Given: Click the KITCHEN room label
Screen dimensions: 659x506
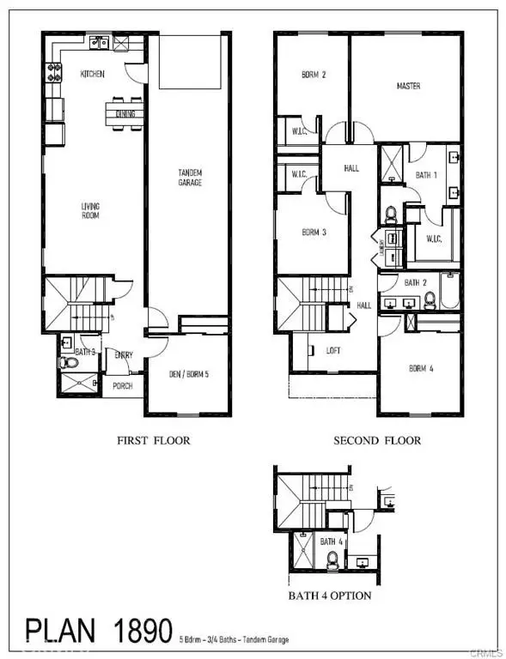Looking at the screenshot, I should coord(93,75).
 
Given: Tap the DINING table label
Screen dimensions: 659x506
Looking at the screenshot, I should coord(125,112).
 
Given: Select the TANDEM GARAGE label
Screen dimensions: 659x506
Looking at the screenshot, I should coord(190,178).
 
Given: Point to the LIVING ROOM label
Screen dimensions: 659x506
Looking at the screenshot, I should coord(91,211).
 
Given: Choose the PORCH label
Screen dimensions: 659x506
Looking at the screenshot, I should coord(124,386).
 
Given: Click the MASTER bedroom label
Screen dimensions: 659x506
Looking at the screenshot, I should coord(408,87).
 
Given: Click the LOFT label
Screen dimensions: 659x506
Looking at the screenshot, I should coord(333,351).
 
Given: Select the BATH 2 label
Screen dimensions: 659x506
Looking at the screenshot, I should coord(416,282).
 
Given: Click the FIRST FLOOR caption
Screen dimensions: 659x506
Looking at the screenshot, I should coord(154,441).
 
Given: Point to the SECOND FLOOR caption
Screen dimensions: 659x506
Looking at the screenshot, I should coord(378,441).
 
